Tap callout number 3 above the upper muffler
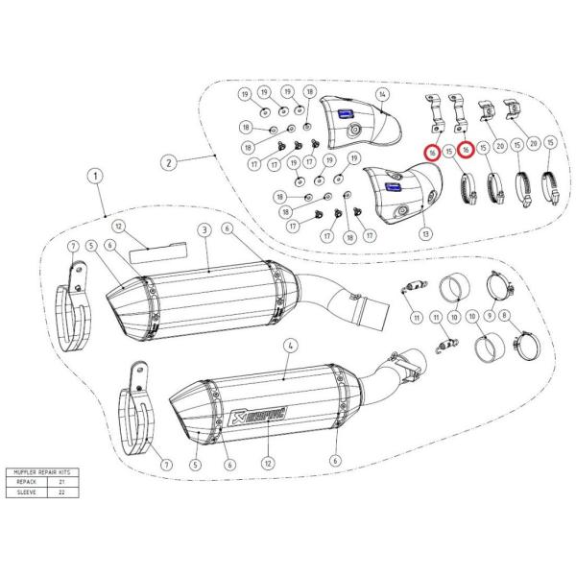click(204, 230)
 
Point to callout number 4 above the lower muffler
click(289, 345)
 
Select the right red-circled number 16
click(466, 151)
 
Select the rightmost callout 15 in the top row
click(551, 143)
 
